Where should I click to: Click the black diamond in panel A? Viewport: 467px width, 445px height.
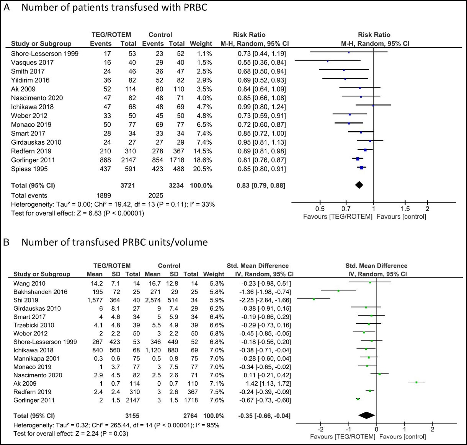pyautogui.click(x=359, y=185)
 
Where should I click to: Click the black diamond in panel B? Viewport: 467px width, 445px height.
pyautogui.click(x=366, y=416)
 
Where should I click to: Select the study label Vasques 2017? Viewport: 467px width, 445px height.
pyautogui.click(x=32, y=62)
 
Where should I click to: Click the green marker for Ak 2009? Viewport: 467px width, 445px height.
pyautogui.click(x=416, y=382)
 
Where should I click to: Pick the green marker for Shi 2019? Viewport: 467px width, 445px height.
pyautogui.click(x=314, y=299)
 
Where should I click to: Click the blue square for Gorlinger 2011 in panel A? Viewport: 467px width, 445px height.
pyautogui.click(x=358, y=159)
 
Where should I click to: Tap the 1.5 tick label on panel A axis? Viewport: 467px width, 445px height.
pyautogui.click(x=405, y=209)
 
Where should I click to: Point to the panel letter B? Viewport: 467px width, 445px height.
pyautogui.click(x=6, y=242)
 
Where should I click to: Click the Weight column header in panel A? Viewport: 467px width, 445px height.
pyautogui.click(x=201, y=44)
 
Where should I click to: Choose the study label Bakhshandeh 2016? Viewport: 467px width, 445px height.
pyautogui.click(x=40, y=292)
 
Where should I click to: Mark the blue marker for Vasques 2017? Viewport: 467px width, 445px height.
pyautogui.click(x=328, y=61)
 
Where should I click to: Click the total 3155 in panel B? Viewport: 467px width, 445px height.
pyautogui.click(x=132, y=416)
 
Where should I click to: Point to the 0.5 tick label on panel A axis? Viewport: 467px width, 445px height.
pyautogui.click(x=320, y=209)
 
